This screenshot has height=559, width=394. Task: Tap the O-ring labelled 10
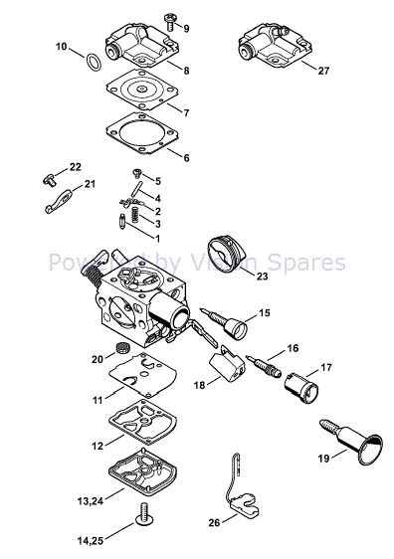[91, 62]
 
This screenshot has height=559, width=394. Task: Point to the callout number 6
[185, 157]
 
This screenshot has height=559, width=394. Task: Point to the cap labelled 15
[238, 326]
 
